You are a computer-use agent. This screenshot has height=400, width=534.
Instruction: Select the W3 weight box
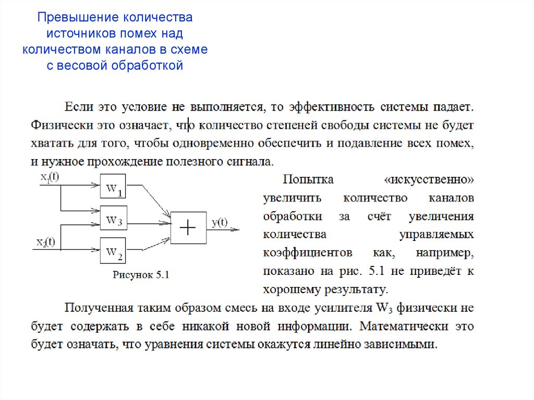click(113, 221)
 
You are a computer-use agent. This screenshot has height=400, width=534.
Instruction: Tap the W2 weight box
click(113, 252)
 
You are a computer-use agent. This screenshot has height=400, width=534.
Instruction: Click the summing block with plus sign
click(188, 228)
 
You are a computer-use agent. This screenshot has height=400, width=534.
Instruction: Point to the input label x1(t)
click(50, 177)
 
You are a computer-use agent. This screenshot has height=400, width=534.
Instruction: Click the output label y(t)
click(220, 223)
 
